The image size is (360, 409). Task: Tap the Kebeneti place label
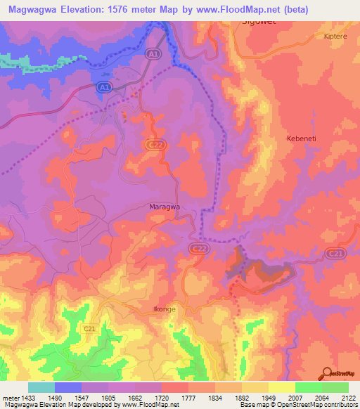coord(302,138)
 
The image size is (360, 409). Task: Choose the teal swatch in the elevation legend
coord(41,387)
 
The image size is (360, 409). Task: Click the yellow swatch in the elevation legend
coord(282,387)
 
